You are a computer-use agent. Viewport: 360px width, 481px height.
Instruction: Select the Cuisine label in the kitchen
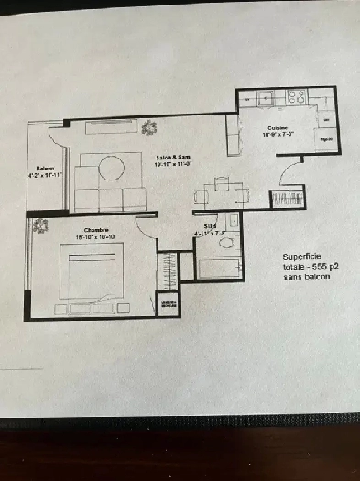click(x=278, y=127)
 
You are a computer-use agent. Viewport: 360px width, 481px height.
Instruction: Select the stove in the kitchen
click(x=298, y=96)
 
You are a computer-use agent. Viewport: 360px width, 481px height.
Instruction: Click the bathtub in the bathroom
click(x=219, y=268)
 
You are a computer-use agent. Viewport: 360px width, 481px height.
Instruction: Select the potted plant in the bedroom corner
click(x=38, y=223)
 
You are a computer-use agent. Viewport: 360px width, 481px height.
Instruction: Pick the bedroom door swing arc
click(x=145, y=230)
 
